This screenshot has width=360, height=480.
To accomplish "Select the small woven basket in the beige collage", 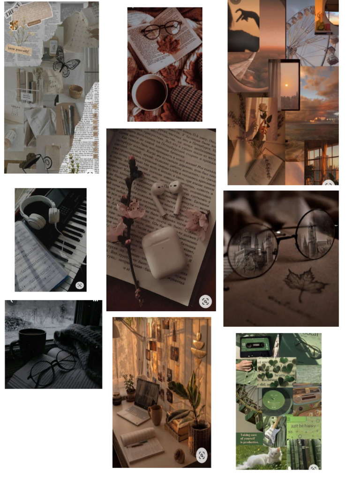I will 75,91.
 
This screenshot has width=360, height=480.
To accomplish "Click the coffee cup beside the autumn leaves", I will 149,92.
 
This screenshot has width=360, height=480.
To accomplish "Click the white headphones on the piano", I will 39,209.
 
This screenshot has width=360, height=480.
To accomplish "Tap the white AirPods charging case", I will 164,252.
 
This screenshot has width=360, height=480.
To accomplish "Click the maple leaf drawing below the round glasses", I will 305,283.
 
